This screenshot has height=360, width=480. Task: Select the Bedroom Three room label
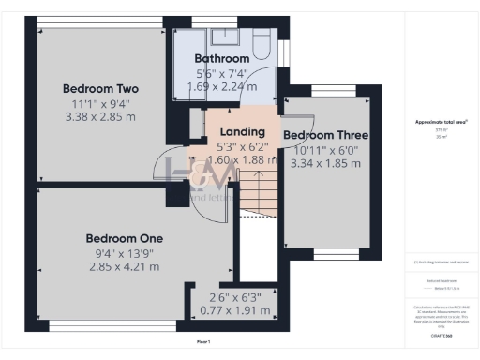(325, 135)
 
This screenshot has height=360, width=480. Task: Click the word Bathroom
(220, 58)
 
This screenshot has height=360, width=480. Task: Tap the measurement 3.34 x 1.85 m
(325, 163)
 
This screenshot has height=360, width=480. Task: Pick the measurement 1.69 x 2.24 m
(220, 87)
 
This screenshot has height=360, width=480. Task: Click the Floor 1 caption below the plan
(203, 342)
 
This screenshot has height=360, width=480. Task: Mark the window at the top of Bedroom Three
(325, 91)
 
